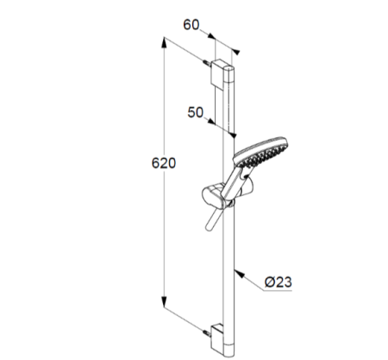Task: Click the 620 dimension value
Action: click(x=164, y=163)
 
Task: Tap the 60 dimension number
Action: click(x=191, y=25)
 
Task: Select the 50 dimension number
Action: click(x=196, y=112)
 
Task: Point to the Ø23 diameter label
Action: click(x=278, y=282)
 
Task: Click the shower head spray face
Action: click(x=261, y=153)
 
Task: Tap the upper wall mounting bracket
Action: click(x=220, y=73)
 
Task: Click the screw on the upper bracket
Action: click(x=207, y=62)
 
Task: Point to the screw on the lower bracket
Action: click(x=207, y=333)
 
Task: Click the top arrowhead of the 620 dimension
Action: click(x=164, y=42)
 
